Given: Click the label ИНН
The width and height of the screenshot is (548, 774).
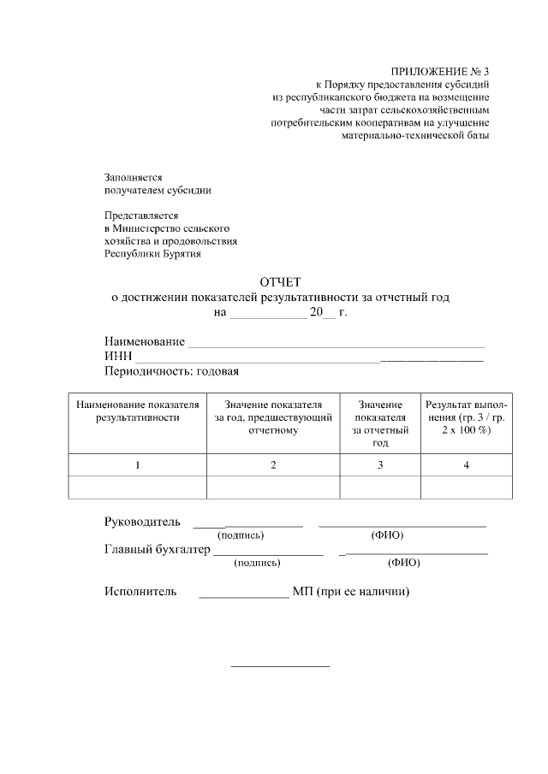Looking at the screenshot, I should pos(118,357).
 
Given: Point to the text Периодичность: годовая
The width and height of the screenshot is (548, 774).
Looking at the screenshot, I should pos(171,371).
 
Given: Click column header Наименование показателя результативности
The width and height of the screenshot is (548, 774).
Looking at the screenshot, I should pos(137,411).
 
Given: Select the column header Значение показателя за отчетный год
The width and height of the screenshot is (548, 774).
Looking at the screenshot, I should pos(380,423).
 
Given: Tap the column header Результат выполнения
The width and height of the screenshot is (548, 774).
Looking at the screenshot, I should pos(467,417).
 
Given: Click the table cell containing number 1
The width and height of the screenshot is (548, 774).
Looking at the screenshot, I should pos(137,465).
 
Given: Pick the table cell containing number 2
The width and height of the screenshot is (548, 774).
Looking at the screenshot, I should pos(273,465).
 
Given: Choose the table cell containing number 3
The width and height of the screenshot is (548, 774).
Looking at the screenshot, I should pos(380,465).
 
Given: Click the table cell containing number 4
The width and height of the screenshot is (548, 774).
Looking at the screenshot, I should pos(467,465).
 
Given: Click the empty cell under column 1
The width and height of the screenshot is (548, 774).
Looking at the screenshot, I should pos(137,487).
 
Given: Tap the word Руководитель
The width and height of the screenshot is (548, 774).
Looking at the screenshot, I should pos(142,522).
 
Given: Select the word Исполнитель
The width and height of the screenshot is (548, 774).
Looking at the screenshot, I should pos(140,591).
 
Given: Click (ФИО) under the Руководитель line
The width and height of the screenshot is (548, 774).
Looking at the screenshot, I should pos(387,535).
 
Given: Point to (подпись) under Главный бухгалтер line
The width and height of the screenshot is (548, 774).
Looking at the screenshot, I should pos(257,563).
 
